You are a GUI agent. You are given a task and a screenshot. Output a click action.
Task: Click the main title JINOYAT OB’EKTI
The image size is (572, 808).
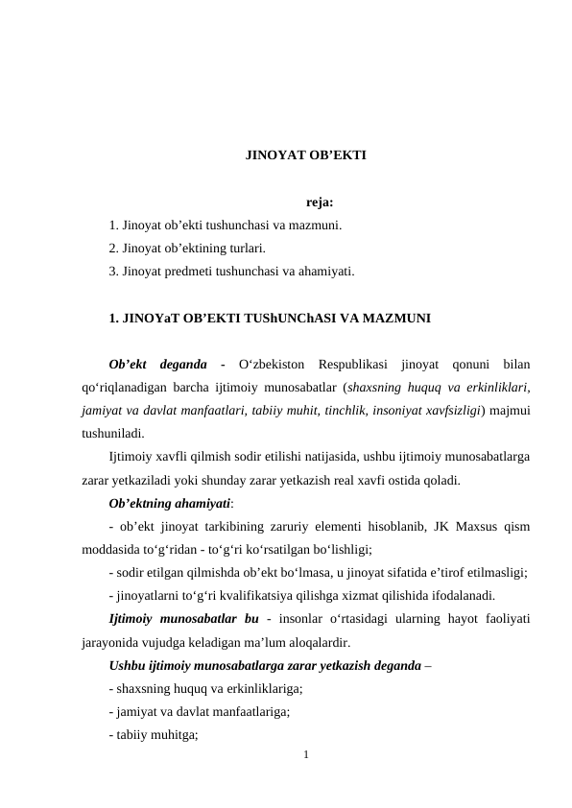305,154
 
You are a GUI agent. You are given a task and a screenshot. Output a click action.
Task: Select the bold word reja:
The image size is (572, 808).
320,202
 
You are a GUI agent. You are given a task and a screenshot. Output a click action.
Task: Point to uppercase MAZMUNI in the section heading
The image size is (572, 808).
395,318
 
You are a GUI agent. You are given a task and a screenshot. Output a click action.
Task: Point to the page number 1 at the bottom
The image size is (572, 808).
305,756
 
